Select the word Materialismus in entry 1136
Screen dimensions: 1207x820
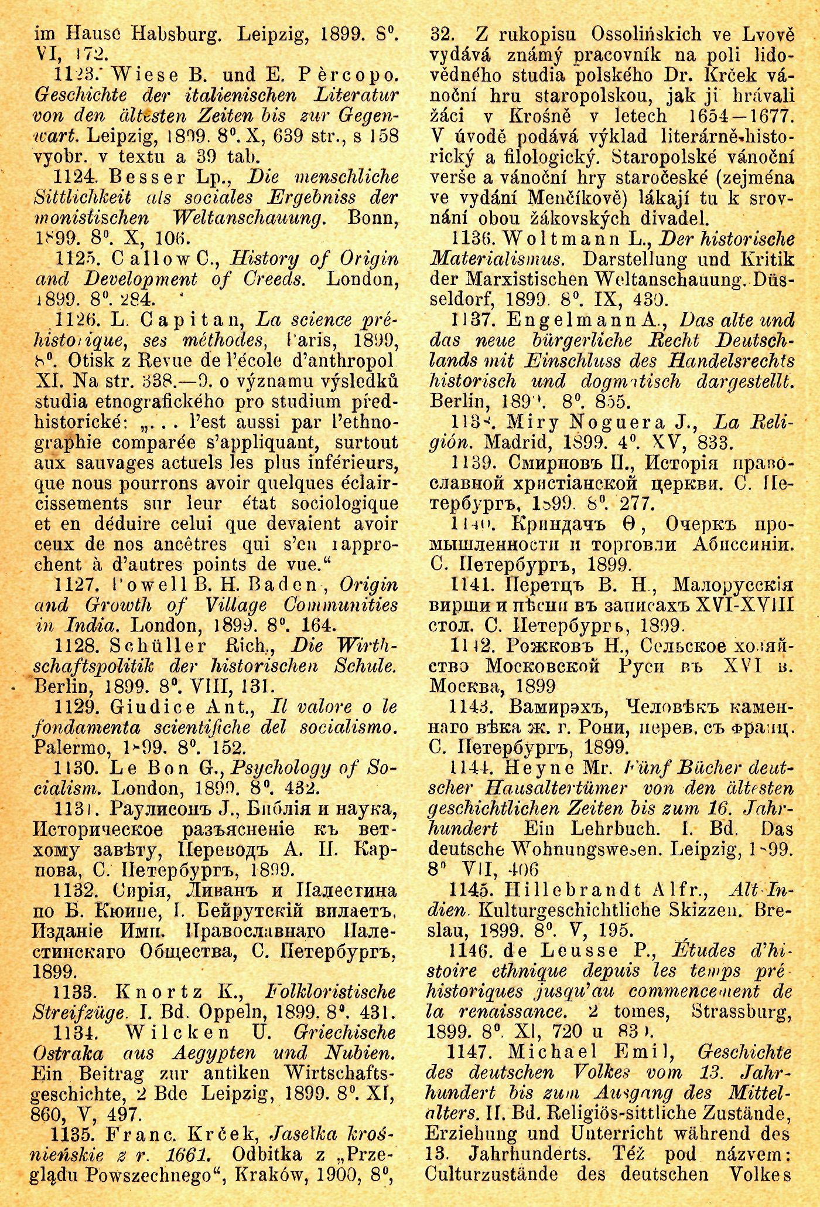click(496, 259)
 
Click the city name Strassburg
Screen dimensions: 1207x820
click(741, 1012)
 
